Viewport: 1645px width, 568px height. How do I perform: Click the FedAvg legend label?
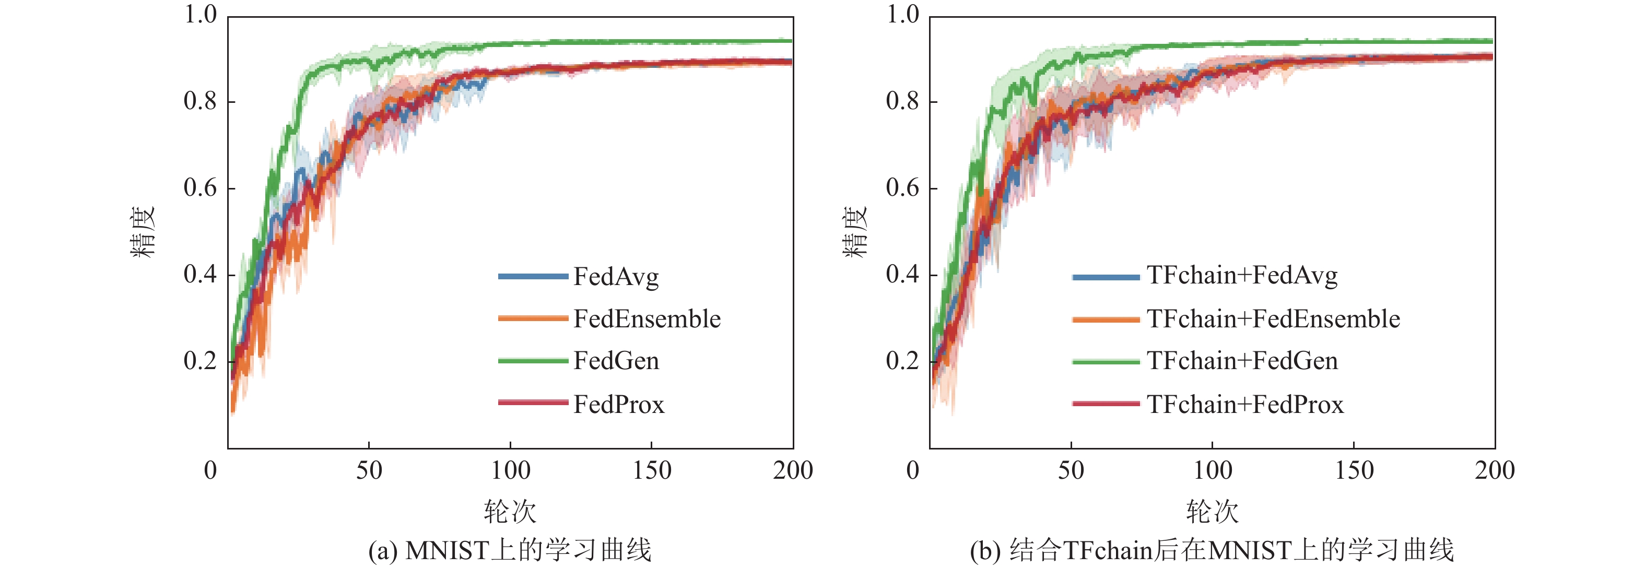[616, 277]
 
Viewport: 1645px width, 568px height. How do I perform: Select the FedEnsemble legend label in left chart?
[647, 319]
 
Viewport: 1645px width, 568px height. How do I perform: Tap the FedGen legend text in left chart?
[616, 361]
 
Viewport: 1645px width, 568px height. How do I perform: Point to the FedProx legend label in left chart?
[619, 405]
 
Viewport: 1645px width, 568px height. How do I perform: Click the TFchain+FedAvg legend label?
[1242, 276]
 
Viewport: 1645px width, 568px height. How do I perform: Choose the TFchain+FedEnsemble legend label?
[1273, 319]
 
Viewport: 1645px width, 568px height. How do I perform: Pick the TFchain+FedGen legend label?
[1242, 361]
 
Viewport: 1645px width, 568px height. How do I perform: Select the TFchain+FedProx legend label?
[1245, 405]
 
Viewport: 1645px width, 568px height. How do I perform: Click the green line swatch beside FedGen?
[533, 361]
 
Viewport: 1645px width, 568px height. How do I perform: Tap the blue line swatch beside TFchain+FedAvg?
[1106, 277]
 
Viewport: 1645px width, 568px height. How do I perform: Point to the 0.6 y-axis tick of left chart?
[200, 188]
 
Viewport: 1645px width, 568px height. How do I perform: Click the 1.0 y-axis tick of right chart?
[902, 15]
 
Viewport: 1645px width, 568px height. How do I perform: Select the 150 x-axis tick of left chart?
[651, 471]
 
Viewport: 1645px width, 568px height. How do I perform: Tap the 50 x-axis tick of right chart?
[1071, 471]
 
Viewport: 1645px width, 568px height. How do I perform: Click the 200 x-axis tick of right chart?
[1494, 471]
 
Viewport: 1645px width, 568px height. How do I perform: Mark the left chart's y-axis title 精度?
[143, 231]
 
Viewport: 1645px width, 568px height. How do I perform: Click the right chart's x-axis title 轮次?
[1212, 512]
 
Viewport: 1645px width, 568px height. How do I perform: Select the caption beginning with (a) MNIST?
[510, 550]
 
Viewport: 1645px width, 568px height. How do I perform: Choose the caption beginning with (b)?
[1212, 550]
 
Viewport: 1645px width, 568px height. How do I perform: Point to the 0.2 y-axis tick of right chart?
[902, 361]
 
